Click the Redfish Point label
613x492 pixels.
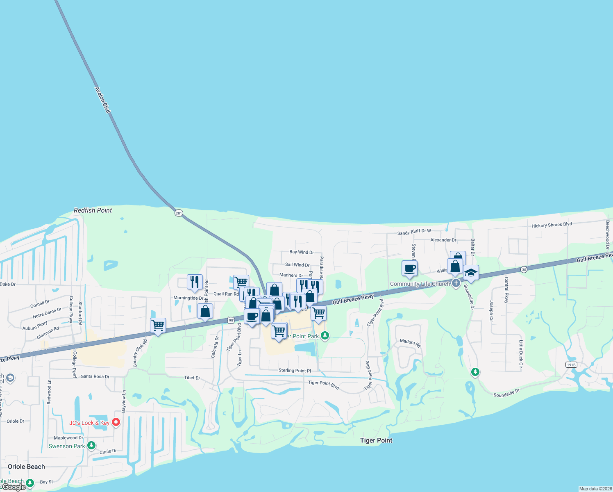pyautogui.click(x=93, y=210)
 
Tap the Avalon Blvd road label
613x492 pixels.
pyautogui.click(x=102, y=100)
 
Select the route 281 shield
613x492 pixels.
pyautogui.click(x=179, y=213)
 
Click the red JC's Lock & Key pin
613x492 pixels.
pyautogui.click(x=116, y=422)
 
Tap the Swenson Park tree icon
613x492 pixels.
pyautogui.click(x=91, y=445)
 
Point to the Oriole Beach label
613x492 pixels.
pyautogui.click(x=26, y=467)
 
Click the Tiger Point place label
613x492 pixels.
pyautogui.click(x=376, y=440)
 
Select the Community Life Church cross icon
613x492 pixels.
pyautogui.click(x=456, y=284)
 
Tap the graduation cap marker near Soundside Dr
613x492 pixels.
pyautogui.click(x=471, y=273)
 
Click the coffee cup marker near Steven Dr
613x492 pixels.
pyautogui.click(x=409, y=269)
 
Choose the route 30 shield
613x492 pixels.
pyautogui.click(x=524, y=269)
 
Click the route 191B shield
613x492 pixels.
pyautogui.click(x=571, y=364)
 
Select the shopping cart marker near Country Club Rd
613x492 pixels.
pyautogui.click(x=158, y=326)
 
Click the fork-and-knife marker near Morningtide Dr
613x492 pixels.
pyautogui.click(x=195, y=282)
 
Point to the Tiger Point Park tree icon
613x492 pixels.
pyautogui.click(x=325, y=336)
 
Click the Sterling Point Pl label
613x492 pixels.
pyautogui.click(x=295, y=371)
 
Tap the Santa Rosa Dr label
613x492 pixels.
pyautogui.click(x=95, y=376)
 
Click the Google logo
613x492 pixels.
pyautogui.click(x=14, y=487)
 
